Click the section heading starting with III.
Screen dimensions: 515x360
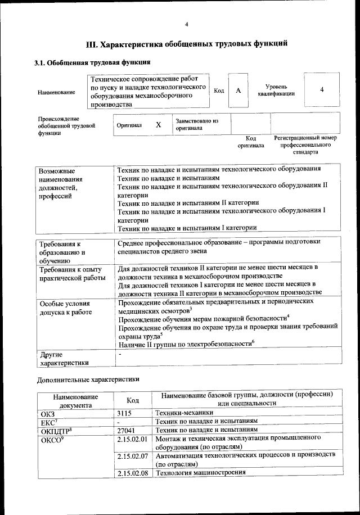point(186,43)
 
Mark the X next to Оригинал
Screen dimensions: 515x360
point(159,125)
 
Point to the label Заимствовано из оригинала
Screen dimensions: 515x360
point(197,124)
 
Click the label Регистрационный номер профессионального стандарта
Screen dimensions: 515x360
point(305,144)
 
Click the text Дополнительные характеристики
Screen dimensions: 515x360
point(87,379)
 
